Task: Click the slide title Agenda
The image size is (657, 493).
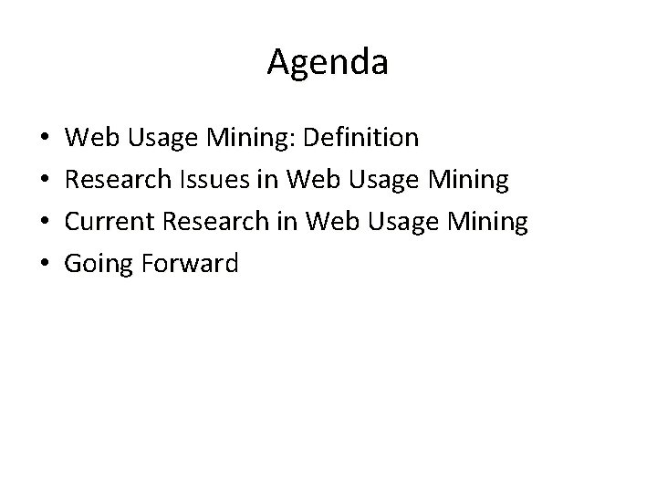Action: pyautogui.click(x=328, y=62)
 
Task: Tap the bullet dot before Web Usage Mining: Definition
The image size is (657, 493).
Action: pyautogui.click(x=46, y=139)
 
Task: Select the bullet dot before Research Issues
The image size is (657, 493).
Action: pyautogui.click(x=46, y=181)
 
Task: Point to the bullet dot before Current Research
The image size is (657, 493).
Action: pyautogui.click(x=46, y=223)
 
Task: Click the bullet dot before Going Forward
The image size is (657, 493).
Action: pyautogui.click(x=46, y=265)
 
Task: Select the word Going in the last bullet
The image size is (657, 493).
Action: pyautogui.click(x=100, y=265)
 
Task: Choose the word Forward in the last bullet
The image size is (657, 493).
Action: pyautogui.click(x=190, y=264)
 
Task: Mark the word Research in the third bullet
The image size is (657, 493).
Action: pyautogui.click(x=218, y=222)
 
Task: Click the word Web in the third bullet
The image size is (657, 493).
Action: pyautogui.click(x=328, y=222)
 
